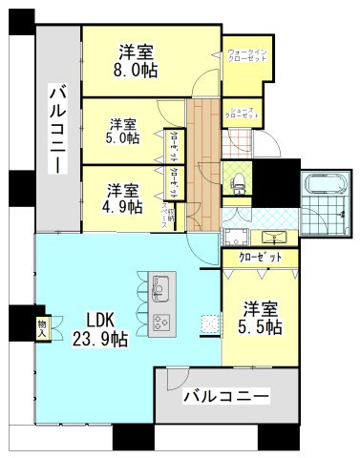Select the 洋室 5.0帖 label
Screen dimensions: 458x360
[122, 131]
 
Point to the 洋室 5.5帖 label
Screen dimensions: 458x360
[260, 319]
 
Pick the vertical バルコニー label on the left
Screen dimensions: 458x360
[57, 129]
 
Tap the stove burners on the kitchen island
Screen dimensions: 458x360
[160, 321]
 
